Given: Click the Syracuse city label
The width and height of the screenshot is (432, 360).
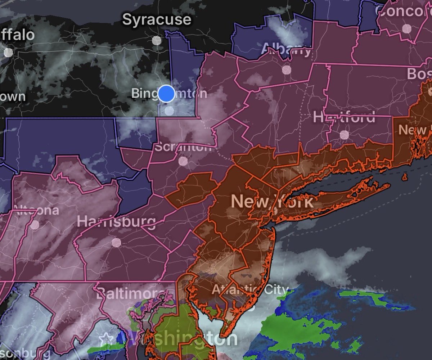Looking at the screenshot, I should click(157, 19).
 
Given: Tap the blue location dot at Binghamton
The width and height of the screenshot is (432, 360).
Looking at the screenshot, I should click(166, 94).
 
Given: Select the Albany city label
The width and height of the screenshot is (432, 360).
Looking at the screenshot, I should click(286, 49).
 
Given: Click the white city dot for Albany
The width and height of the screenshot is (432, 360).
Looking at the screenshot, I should click(286, 69).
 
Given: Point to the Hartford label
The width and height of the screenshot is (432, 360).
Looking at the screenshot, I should click(344, 117).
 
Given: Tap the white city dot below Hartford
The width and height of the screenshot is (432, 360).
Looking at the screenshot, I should click(344, 135).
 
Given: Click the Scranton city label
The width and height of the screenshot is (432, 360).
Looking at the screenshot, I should click(183, 147).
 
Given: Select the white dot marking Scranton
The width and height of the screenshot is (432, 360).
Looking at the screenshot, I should click(183, 161).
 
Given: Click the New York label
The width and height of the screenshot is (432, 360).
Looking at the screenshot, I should click(272, 202).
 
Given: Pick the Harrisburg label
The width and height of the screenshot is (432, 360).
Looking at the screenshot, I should click(116, 221).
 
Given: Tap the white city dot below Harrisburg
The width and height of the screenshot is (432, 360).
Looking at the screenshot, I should click(116, 242).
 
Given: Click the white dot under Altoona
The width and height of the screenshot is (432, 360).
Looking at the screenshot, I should click(35, 225).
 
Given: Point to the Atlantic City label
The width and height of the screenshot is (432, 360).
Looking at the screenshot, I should click(250, 289).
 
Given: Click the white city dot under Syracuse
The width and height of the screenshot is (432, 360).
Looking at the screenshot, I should click(157, 40).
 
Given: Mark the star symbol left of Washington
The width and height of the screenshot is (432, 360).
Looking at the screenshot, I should click(105, 339).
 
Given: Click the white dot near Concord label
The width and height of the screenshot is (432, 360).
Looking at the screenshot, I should click(406, 28).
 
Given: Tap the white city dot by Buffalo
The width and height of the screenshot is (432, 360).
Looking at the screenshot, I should click(8, 52).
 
